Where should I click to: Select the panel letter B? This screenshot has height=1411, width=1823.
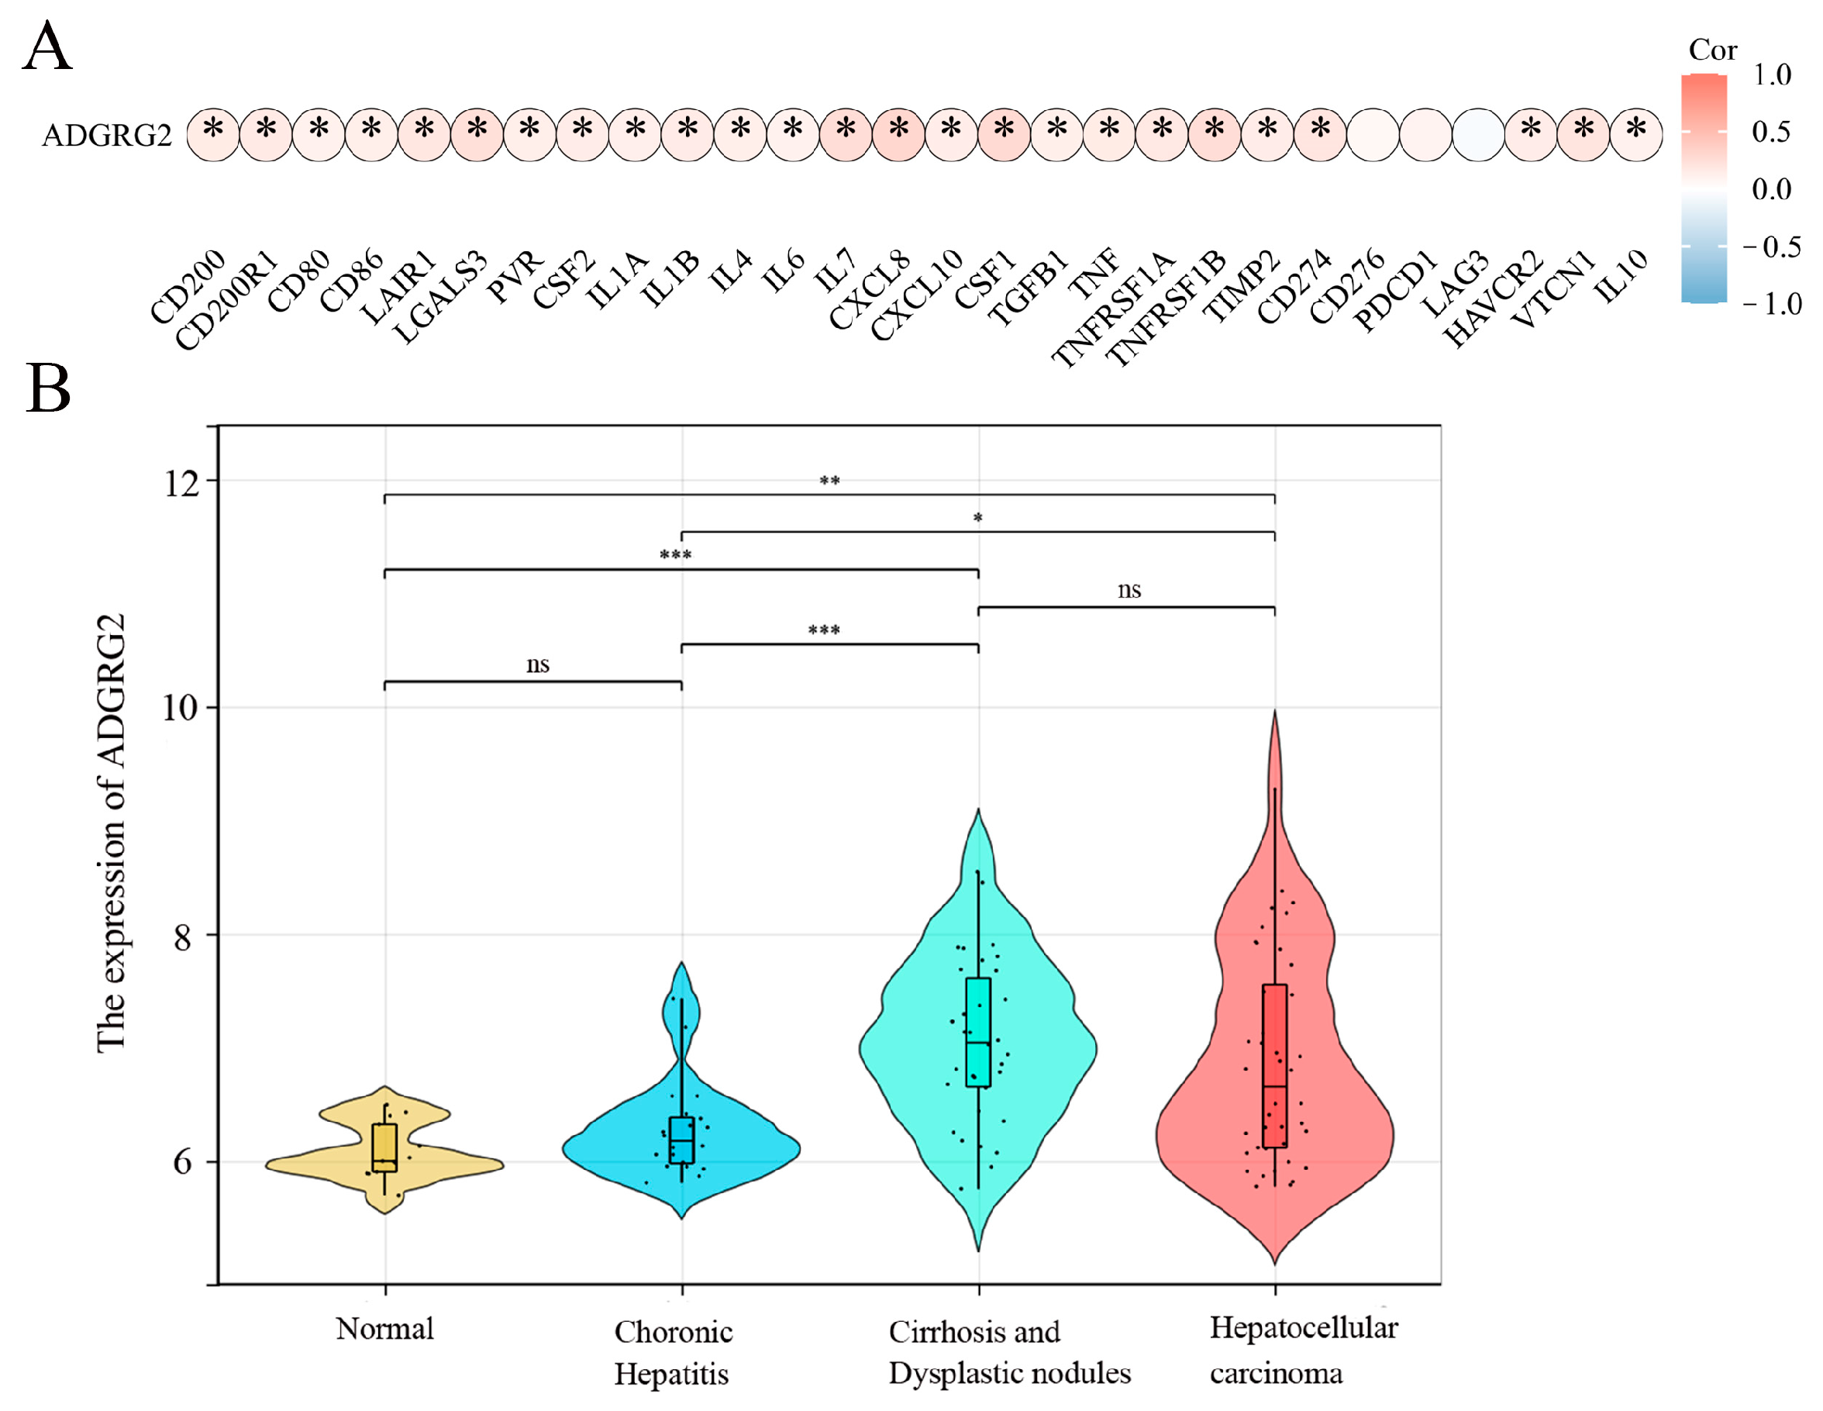(x=47, y=388)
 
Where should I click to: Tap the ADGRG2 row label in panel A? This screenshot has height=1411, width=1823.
(x=107, y=134)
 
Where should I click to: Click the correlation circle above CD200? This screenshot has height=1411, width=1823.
(x=214, y=133)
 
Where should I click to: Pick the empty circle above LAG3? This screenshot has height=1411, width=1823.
(x=1478, y=133)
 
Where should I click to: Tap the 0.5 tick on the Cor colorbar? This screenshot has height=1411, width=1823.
(x=1770, y=132)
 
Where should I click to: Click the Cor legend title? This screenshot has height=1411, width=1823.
(x=1712, y=50)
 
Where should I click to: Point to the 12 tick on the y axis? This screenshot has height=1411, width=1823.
(x=182, y=482)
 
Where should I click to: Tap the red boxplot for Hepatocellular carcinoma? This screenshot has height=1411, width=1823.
(x=1274, y=1066)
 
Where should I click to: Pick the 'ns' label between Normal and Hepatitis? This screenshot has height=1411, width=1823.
(x=538, y=664)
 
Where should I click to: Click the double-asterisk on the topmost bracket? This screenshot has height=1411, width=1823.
(x=829, y=481)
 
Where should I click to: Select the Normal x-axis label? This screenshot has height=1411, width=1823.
(x=384, y=1328)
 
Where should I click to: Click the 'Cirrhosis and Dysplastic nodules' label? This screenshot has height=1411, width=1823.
(x=1008, y=1352)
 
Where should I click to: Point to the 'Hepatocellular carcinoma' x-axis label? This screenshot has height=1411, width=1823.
(x=1303, y=1350)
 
